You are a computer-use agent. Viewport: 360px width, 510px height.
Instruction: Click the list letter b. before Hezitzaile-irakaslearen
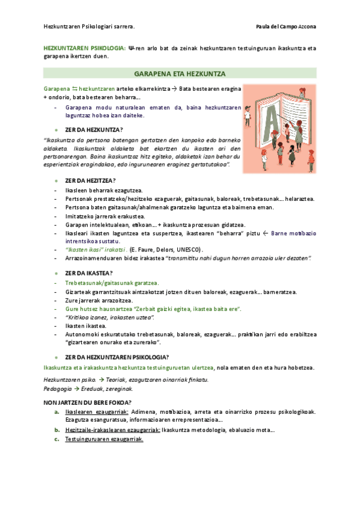tap(56, 430)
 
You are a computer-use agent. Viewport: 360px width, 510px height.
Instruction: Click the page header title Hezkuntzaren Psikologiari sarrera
tap(90, 27)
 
